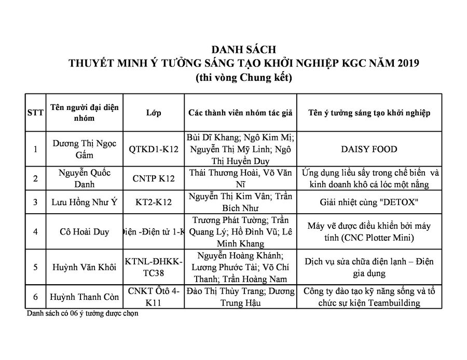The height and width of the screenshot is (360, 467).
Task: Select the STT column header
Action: click(35, 113)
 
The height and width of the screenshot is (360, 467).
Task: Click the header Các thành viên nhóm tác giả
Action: click(240, 113)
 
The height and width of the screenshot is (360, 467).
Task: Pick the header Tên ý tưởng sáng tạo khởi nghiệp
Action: click(369, 113)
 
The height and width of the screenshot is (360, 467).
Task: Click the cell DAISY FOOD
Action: click(369, 149)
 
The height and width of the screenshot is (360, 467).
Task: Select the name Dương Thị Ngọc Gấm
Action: click(85, 149)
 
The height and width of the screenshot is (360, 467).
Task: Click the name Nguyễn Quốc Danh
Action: click(85, 178)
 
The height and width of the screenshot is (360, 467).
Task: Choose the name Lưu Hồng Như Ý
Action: click(85, 202)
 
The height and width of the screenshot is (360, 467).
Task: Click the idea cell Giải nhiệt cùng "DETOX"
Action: click(369, 202)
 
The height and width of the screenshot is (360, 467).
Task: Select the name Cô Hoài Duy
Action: click(85, 231)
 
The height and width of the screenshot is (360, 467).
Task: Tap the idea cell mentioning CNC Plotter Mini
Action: click(369, 231)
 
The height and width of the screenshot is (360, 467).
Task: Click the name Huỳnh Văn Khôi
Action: click(85, 268)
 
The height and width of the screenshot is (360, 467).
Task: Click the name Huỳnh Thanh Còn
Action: click(85, 297)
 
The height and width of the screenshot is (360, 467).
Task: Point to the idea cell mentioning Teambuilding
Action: click(369, 297)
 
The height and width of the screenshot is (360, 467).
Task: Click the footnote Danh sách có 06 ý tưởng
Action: click(83, 313)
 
